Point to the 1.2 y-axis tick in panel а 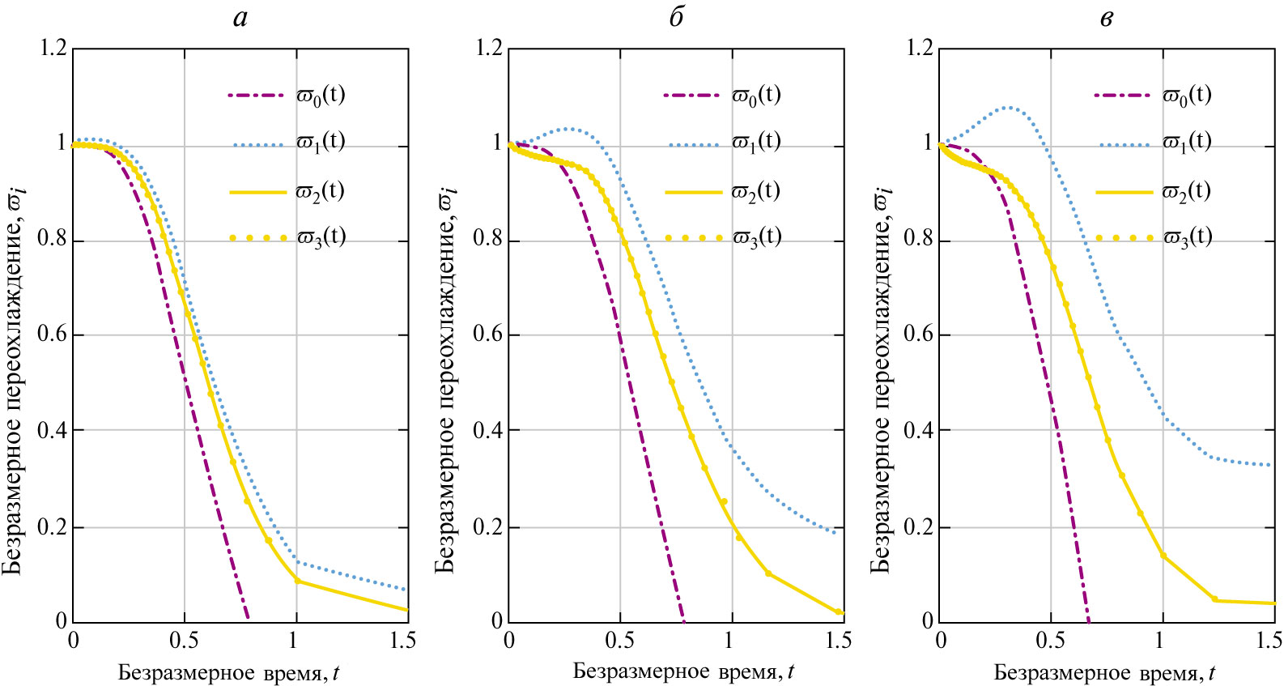click(53, 49)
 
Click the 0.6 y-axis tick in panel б click(488, 334)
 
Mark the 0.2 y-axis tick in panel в click(920, 527)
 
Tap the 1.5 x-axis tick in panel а click(402, 641)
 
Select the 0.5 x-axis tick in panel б click(620, 641)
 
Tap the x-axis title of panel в click(1104, 673)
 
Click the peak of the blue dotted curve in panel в click(1008, 107)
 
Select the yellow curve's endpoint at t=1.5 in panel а click(407, 610)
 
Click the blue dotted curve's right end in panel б click(835, 532)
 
